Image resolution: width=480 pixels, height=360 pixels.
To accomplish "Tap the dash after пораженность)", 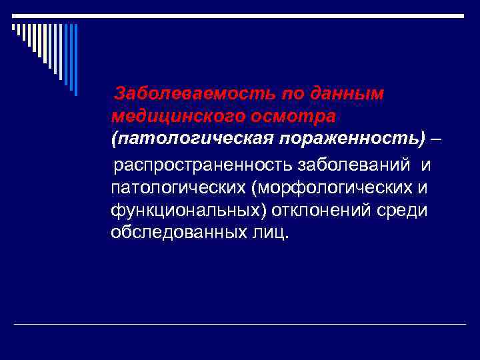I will coord(435,139).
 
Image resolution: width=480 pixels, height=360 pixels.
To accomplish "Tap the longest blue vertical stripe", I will coord(75,60).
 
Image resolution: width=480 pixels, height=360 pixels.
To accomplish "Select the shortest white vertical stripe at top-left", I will coord(13,28).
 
